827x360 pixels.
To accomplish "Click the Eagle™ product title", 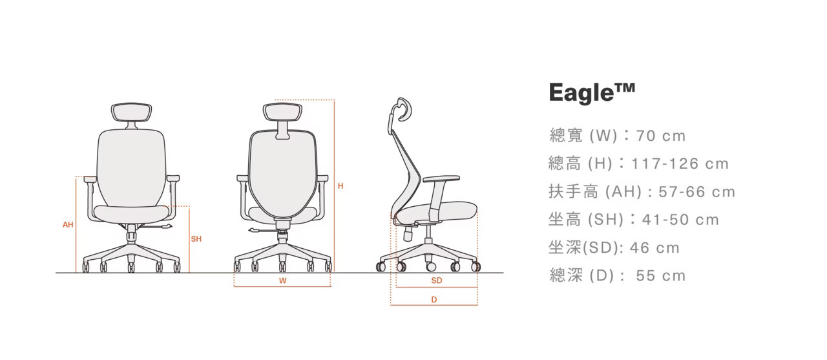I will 592,93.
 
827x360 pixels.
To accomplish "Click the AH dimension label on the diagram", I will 68,225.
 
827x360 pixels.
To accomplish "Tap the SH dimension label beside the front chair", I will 196,239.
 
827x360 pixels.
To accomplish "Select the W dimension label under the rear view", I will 282,281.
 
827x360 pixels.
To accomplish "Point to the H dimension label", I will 340,186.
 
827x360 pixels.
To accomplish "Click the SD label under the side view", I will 436,281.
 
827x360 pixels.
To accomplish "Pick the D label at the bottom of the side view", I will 434,299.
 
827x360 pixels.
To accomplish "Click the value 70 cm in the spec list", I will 661,136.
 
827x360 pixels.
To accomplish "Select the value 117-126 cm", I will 680,164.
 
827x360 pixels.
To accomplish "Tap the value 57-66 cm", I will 696,192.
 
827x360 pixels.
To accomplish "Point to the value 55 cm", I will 661,276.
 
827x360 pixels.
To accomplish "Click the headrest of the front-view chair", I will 130,112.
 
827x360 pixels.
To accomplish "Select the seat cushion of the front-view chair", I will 131,212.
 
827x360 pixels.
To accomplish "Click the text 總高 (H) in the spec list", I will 580,164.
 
